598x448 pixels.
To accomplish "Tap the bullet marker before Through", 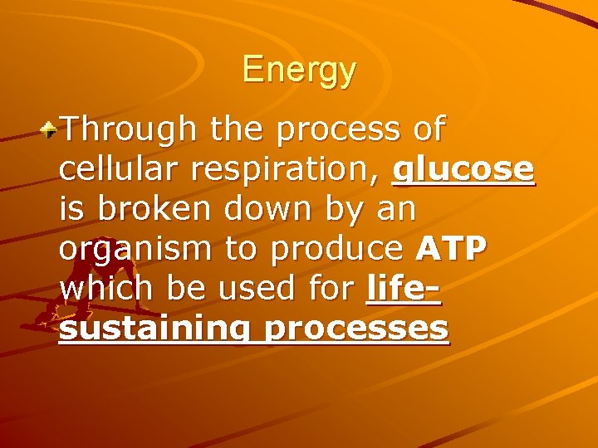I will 51,129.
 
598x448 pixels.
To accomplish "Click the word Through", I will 125,129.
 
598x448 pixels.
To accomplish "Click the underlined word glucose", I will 464,169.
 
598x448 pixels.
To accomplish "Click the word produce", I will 341,248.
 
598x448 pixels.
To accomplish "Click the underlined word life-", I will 403,288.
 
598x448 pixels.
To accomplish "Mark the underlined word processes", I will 357,329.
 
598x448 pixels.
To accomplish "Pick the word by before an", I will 336,209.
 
